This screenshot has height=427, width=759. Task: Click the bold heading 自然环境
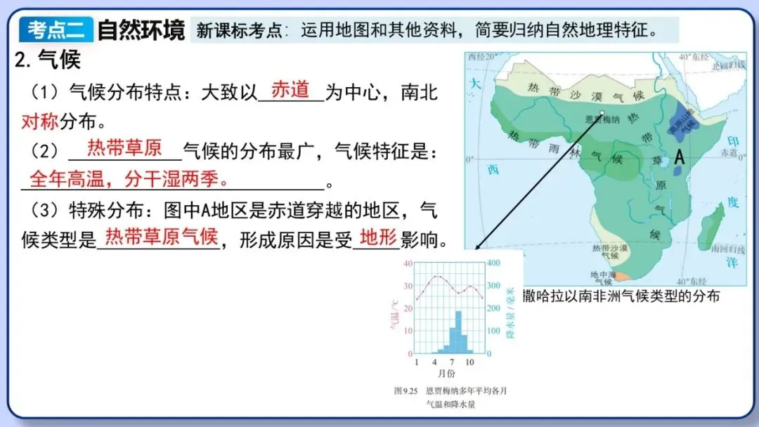pos(141,30)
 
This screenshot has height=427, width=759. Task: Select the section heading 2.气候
pos(48,60)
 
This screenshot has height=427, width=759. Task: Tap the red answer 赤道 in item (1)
pos(290,90)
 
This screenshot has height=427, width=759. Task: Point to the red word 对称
pos(39,121)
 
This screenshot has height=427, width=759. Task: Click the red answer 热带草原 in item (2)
pos(124,147)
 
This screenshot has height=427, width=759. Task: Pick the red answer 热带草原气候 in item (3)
pos(161,237)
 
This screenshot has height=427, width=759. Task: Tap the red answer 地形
pos(378,237)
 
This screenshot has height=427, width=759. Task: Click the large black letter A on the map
pos(679,158)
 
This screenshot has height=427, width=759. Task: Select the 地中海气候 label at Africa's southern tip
pos(602,275)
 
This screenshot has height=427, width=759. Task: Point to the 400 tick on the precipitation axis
pos(494,263)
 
